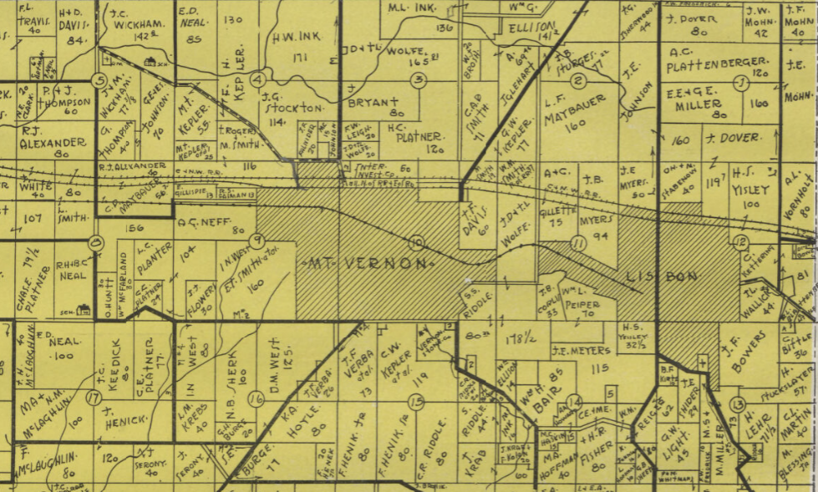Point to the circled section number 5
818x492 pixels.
[100, 81]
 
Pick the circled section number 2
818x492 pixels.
[578, 80]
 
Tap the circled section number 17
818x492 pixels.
[93, 398]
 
